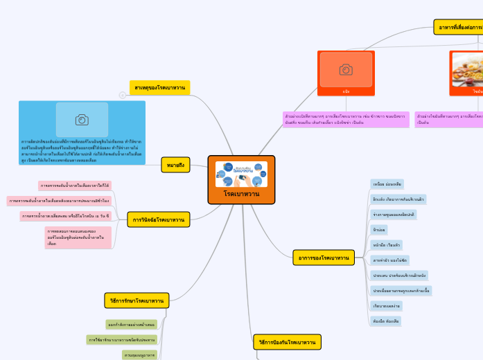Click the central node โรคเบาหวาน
point(241,195)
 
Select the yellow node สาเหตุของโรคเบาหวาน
point(159,88)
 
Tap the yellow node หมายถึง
point(175,165)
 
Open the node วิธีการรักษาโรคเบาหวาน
point(137,300)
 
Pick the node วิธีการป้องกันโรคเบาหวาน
point(287,342)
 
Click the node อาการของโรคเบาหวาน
point(323,258)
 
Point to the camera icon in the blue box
point(82,120)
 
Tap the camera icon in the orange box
point(346,69)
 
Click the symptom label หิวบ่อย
point(380,229)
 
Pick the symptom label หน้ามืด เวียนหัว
point(386,244)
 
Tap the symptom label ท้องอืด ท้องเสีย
point(386,321)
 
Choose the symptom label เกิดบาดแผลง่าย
point(387,306)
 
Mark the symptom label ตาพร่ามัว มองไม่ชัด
point(389,260)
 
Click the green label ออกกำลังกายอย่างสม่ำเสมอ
point(131,324)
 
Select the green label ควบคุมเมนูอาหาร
point(139,354)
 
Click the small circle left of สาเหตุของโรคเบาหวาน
point(123,95)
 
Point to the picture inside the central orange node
point(241,174)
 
